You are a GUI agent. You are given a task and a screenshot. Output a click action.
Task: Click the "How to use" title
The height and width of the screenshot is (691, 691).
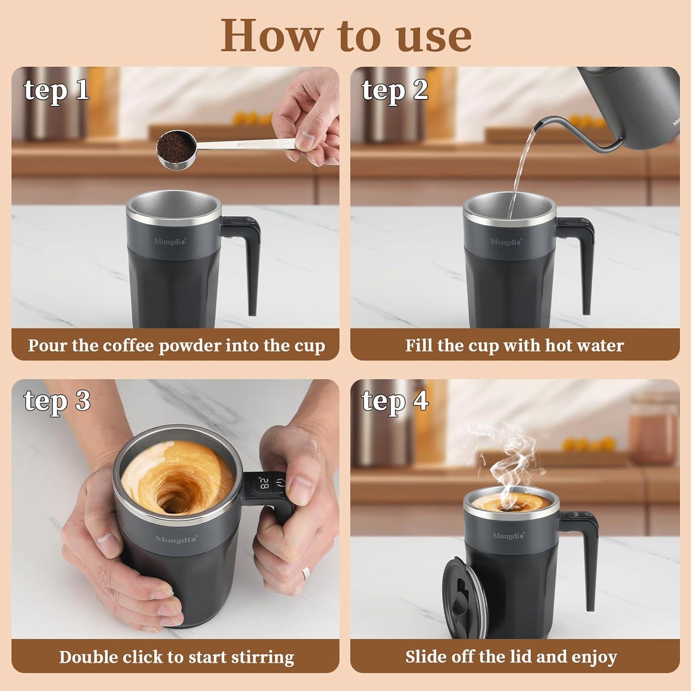(x=345, y=36)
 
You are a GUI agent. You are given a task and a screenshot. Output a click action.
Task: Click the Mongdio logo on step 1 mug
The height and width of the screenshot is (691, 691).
(x=170, y=241)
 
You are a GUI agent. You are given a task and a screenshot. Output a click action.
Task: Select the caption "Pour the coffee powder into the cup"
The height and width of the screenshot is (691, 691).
(x=176, y=345)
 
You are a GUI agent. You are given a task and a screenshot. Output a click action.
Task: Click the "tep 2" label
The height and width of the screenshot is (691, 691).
(x=395, y=90)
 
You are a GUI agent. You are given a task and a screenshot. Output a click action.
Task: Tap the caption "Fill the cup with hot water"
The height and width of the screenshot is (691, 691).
(x=514, y=345)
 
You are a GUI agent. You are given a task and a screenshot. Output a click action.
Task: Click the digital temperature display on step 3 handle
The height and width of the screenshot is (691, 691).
(x=264, y=484)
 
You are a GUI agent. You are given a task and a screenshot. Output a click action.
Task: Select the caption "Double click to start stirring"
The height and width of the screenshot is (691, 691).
(x=176, y=656)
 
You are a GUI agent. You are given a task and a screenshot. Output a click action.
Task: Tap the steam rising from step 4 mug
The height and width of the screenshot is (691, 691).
(x=507, y=465)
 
